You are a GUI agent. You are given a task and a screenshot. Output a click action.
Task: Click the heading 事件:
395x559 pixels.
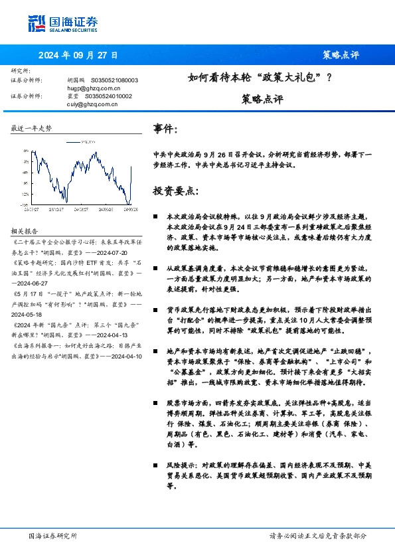[x=165, y=128]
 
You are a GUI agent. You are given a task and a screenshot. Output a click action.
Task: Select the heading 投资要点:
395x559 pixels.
[x=175, y=191]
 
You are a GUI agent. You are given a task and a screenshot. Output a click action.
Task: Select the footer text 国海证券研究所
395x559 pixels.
[x=53, y=536]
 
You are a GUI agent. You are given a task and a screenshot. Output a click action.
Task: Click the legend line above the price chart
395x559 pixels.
[x=72, y=141]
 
